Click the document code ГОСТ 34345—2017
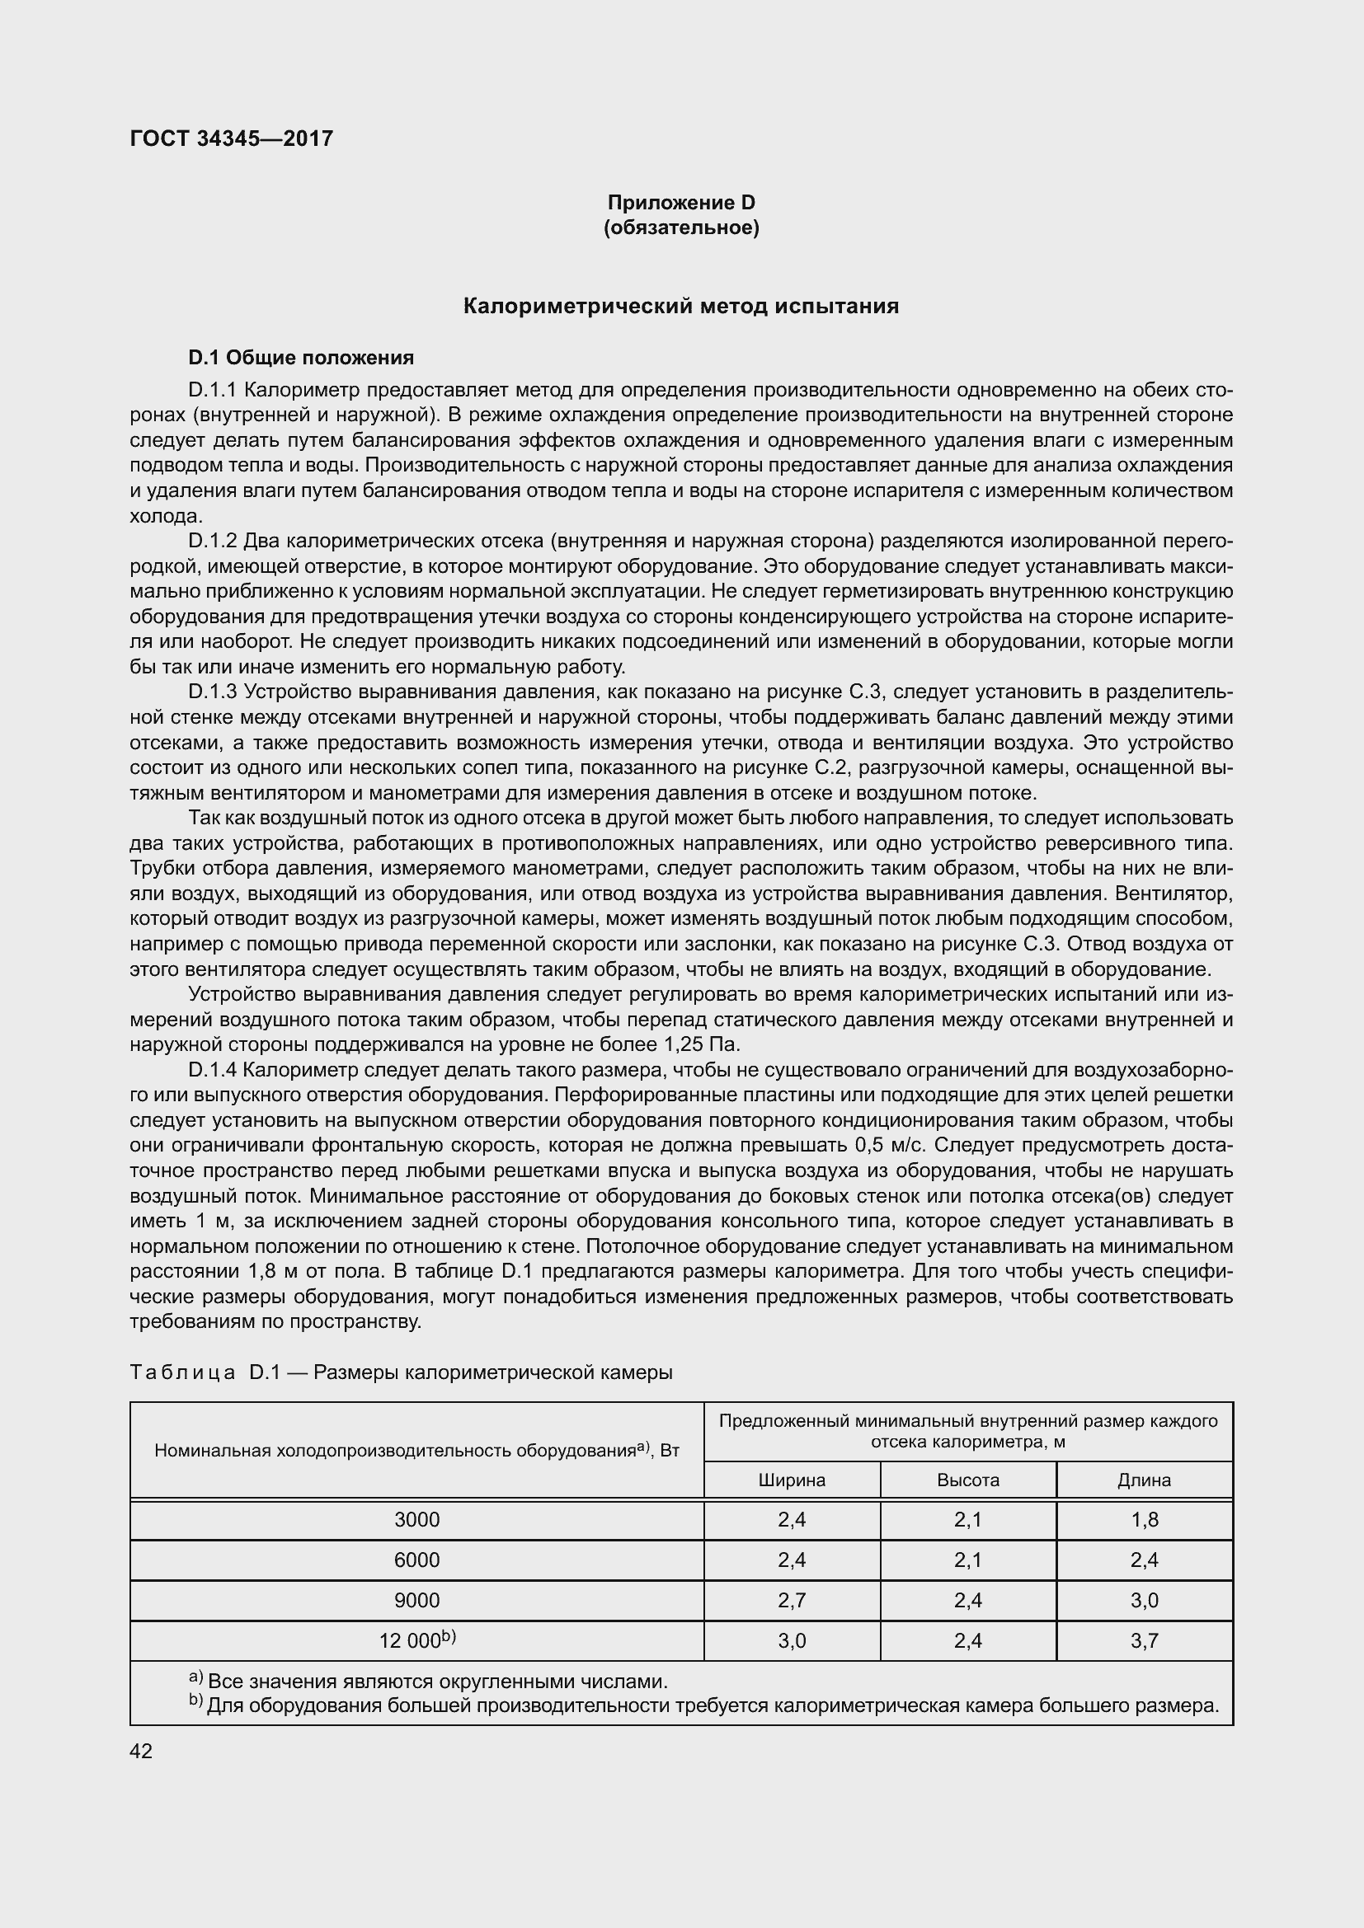[232, 138]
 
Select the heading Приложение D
[681, 203]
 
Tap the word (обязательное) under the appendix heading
[681, 228]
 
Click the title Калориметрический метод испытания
[681, 307]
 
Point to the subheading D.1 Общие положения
[301, 358]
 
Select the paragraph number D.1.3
[214, 692]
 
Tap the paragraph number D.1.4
[214, 1070]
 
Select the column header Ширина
[791, 1480]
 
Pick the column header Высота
[967, 1480]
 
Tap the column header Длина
[1144, 1480]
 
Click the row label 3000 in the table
[416, 1520]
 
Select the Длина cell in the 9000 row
[1144, 1601]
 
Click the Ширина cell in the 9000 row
[791, 1601]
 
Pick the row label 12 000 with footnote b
[416, 1640]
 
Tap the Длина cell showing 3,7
[1144, 1641]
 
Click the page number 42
[141, 1752]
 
